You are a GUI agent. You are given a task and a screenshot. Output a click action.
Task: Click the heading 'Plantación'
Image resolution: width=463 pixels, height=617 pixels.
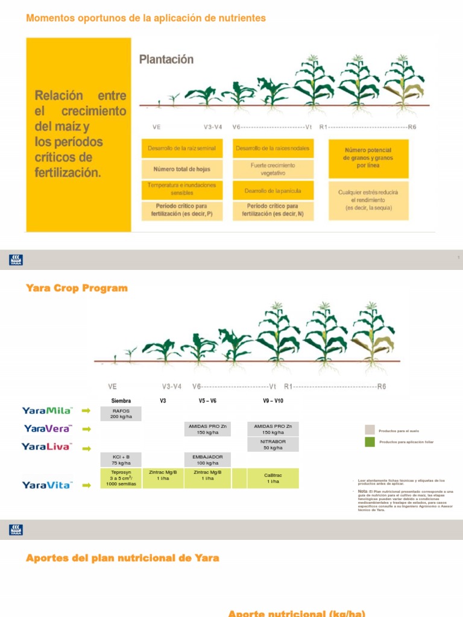(x=166, y=60)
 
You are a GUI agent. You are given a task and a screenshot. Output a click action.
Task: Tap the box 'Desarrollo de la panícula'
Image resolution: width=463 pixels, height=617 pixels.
(x=272, y=191)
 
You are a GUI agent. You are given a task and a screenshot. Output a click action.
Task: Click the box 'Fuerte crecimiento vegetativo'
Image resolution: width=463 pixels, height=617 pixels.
(x=273, y=169)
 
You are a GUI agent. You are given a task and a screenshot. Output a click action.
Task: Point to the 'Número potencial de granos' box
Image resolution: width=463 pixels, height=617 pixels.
(x=368, y=158)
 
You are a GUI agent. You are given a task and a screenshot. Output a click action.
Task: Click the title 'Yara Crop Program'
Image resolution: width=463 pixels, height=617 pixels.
(x=77, y=288)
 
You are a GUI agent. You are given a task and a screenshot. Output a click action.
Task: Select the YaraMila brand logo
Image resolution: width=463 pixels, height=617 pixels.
(x=47, y=411)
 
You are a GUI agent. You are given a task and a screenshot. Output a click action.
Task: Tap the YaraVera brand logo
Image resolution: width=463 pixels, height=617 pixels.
(x=48, y=428)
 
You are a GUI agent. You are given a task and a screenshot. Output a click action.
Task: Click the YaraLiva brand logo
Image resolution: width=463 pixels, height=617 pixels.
(x=47, y=446)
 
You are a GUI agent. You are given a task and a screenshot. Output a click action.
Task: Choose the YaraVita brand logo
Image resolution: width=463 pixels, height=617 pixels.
(x=47, y=484)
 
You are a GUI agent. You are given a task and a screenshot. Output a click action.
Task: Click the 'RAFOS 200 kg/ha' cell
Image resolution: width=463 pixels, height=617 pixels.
(x=121, y=413)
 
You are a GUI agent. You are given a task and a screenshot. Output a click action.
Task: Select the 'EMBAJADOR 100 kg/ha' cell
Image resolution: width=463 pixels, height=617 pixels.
(x=207, y=460)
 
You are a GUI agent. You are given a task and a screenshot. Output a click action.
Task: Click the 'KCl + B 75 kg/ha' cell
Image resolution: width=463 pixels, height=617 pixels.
(x=121, y=460)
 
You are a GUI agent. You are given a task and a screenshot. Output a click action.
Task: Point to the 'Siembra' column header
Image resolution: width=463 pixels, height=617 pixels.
(x=121, y=401)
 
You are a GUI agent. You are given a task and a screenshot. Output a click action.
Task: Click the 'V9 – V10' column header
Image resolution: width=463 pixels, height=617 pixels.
(x=273, y=401)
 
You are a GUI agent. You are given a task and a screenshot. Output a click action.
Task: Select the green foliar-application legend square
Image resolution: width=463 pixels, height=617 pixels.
(x=370, y=442)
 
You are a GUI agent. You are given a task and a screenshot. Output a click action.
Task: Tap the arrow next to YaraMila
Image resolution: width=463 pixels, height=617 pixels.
(x=86, y=411)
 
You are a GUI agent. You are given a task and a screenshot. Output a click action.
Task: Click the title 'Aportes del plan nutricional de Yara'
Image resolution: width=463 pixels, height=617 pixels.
(x=122, y=558)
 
